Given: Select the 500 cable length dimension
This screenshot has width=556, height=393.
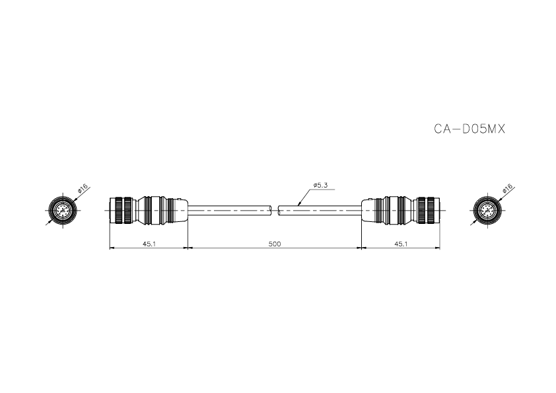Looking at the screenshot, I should tap(275, 244).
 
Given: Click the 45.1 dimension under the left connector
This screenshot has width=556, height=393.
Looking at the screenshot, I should tap(149, 244).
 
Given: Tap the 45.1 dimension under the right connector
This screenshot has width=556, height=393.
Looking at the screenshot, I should tap(400, 244).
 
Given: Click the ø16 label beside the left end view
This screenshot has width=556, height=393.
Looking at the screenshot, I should tap(83, 188).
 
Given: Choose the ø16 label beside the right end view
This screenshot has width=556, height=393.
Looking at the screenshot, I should tap(507, 188).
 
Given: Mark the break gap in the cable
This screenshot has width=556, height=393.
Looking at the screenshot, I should tap(275, 211).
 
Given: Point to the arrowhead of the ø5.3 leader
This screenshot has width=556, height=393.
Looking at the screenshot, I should tap(298, 206).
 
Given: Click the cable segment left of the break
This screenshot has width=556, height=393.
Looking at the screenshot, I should tap(231, 211).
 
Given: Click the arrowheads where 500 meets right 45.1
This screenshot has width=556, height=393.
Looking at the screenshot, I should tap(360, 248).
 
